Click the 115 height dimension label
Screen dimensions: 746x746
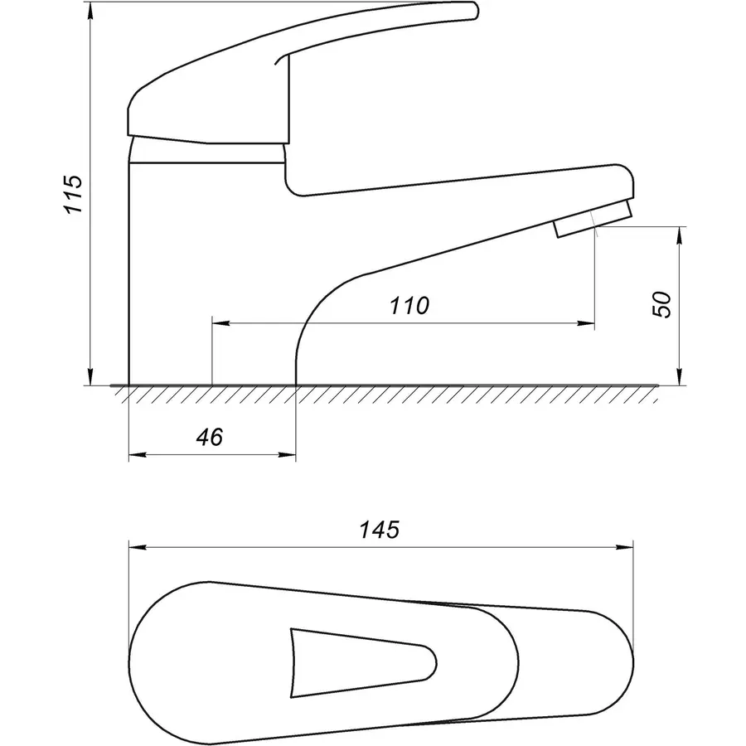[x=75, y=195]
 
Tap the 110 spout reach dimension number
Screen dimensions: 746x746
[x=409, y=305]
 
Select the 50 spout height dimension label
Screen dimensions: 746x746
[x=661, y=304]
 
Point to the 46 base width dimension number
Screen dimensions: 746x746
[x=210, y=437]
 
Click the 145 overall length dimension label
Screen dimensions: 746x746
[x=379, y=530]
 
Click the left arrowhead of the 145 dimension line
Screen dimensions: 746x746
[x=137, y=547]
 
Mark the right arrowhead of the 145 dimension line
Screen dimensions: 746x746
[x=625, y=547]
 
